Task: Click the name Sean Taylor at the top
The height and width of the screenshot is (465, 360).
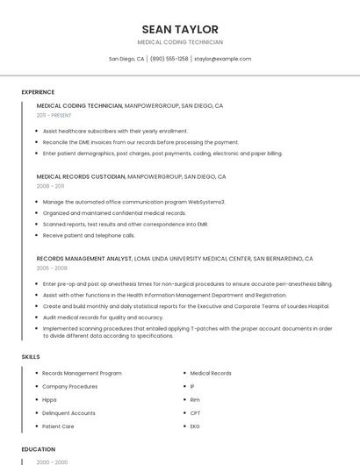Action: pyautogui.click(x=180, y=29)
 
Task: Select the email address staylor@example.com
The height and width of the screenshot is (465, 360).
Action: pyautogui.click(x=222, y=59)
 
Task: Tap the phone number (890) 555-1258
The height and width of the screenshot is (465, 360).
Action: pyautogui.click(x=169, y=59)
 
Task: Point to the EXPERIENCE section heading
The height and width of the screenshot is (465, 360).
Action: pyautogui.click(x=38, y=92)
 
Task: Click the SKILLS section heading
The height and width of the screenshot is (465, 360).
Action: pyautogui.click(x=31, y=357)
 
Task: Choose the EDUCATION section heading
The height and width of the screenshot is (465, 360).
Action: pyautogui.click(x=38, y=449)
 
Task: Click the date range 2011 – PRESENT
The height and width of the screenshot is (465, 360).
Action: pyautogui.click(x=54, y=115)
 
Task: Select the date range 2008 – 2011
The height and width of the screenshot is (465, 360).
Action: pyautogui.click(x=50, y=186)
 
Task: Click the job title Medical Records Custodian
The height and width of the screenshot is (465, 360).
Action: pyautogui.click(x=81, y=176)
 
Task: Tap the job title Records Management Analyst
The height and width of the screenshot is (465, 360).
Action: pyautogui.click(x=83, y=259)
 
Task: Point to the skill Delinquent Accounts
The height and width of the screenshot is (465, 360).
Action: pyautogui.click(x=68, y=412)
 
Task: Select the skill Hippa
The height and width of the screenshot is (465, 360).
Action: pyautogui.click(x=49, y=399)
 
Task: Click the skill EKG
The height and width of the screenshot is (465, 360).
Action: pyautogui.click(x=195, y=426)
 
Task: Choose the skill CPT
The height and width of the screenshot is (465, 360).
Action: pyautogui.click(x=195, y=412)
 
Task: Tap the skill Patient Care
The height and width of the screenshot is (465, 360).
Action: pyautogui.click(x=58, y=426)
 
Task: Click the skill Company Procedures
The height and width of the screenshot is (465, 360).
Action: pyautogui.click(x=69, y=386)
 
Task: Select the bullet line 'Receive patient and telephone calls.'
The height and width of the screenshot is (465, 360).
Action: pyautogui.click(x=89, y=235)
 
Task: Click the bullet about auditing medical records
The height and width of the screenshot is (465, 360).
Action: pyautogui.click(x=103, y=318)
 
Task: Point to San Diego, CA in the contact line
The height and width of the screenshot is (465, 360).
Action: pyautogui.click(x=126, y=59)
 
